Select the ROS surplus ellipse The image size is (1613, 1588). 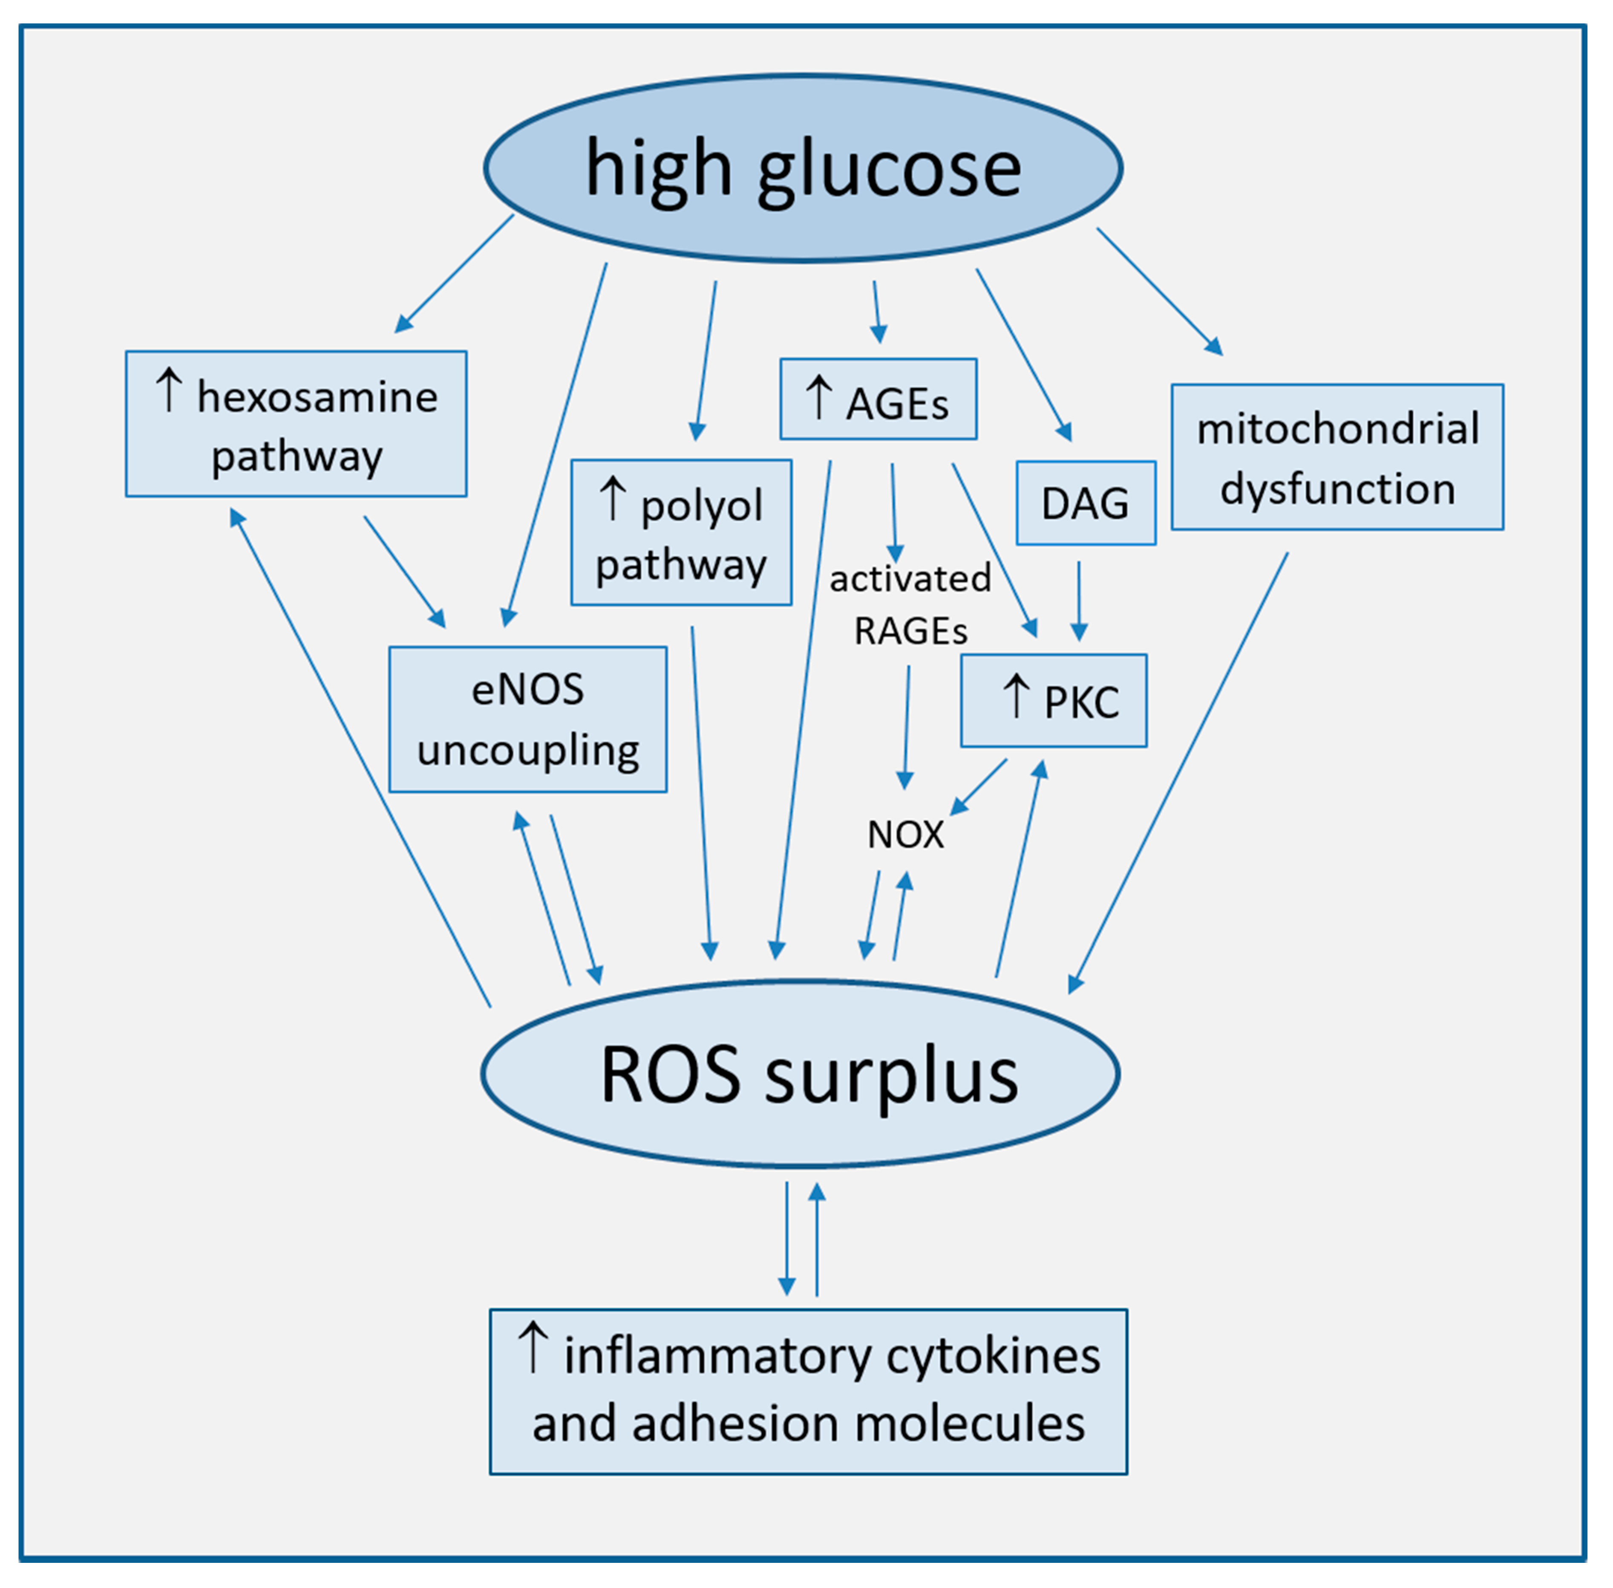coord(800,1074)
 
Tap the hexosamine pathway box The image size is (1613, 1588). coord(296,424)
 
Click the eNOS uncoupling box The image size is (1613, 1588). coord(528,719)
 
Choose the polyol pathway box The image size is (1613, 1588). coord(681,532)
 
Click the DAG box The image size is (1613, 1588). coord(1085,503)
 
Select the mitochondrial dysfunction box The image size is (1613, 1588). coord(1337,457)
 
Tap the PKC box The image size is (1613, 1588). coord(1054,701)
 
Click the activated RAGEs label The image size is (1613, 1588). coord(910,605)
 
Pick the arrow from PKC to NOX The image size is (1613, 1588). coord(979,786)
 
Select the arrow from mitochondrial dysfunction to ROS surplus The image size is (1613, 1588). coord(1179,771)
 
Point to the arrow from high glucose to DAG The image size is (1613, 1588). coord(1024,355)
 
